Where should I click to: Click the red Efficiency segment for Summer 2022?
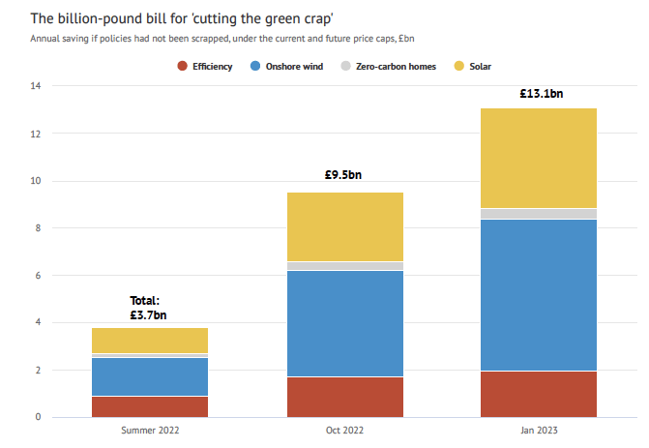[x=150, y=406]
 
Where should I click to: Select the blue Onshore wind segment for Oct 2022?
[x=345, y=323]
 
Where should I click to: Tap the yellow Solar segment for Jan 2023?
[x=539, y=158]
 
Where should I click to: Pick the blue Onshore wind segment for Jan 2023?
[x=539, y=295]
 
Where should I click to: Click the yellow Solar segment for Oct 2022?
[x=345, y=226]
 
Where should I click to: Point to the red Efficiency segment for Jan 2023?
[x=539, y=394]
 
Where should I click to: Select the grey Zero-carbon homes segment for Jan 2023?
[x=539, y=214]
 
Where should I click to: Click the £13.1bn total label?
[x=539, y=94]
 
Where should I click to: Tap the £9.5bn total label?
[x=345, y=177]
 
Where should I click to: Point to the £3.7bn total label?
[x=148, y=314]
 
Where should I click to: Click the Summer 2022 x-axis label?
[x=150, y=430]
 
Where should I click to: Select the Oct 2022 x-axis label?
[x=345, y=430]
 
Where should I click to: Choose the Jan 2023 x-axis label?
[x=539, y=430]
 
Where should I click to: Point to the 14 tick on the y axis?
[x=36, y=86]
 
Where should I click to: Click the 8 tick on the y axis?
[x=38, y=228]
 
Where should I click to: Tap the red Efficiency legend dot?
[x=181, y=66]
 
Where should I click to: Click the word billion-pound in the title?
[x=95, y=18]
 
